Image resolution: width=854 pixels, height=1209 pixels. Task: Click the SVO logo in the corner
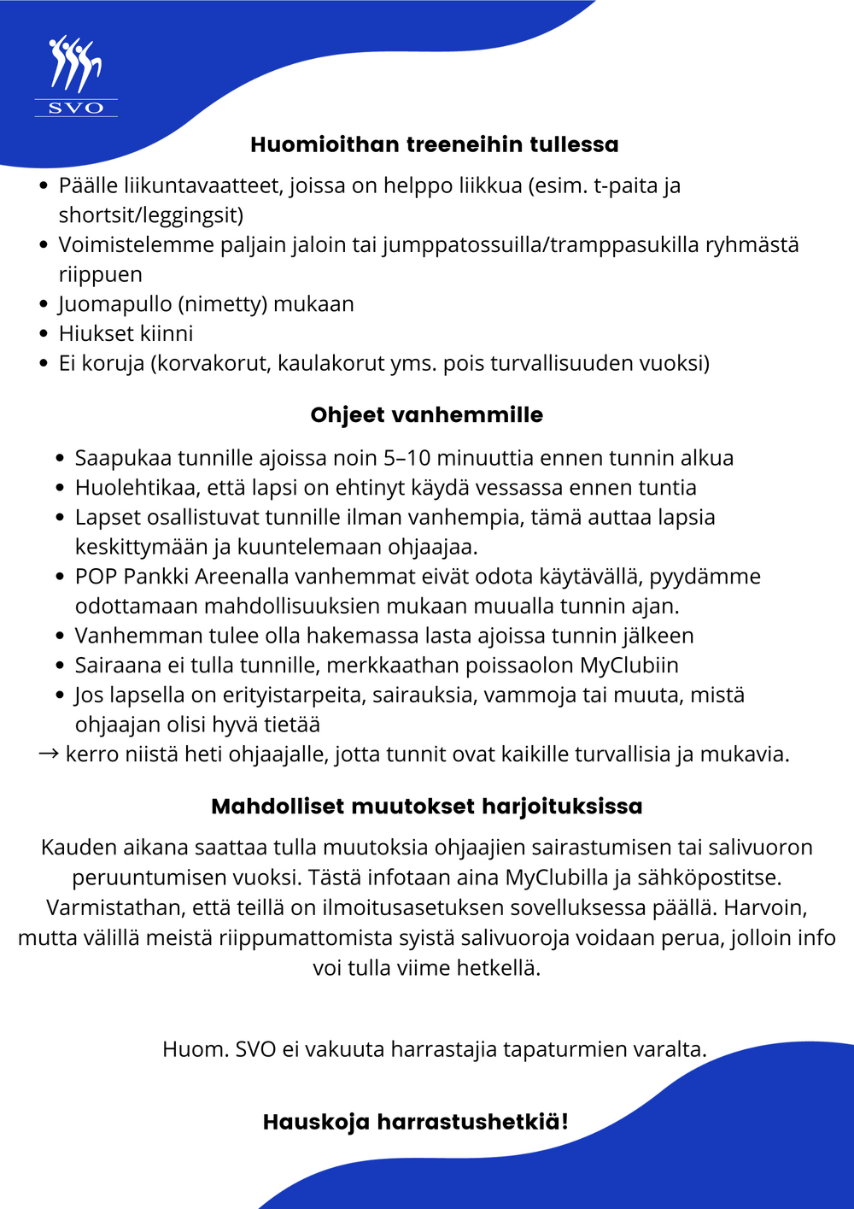pyautogui.click(x=75, y=76)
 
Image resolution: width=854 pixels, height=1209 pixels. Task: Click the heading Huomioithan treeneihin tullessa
pyautogui.click(x=434, y=144)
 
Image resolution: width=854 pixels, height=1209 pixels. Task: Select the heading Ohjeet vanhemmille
pyautogui.click(x=426, y=415)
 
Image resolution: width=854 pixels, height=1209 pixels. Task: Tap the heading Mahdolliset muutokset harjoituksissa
pyautogui.click(x=426, y=807)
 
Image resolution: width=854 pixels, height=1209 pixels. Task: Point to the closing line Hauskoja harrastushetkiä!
pyautogui.click(x=415, y=1122)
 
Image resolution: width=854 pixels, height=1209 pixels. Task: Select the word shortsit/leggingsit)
pyautogui.click(x=151, y=215)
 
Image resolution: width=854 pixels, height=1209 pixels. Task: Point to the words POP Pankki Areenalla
pyautogui.click(x=182, y=577)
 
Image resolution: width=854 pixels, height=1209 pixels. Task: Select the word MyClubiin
pyautogui.click(x=629, y=666)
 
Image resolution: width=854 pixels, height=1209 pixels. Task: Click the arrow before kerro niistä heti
pyautogui.click(x=49, y=754)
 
